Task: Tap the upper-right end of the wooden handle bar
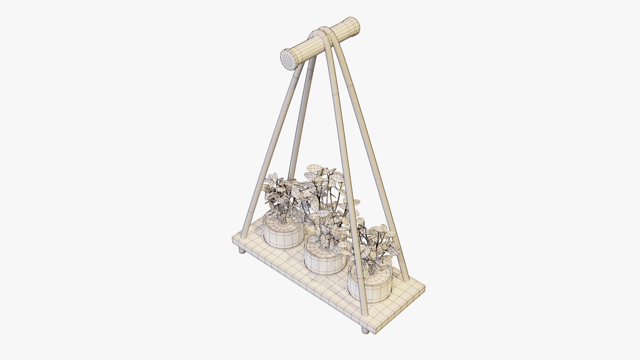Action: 354,26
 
